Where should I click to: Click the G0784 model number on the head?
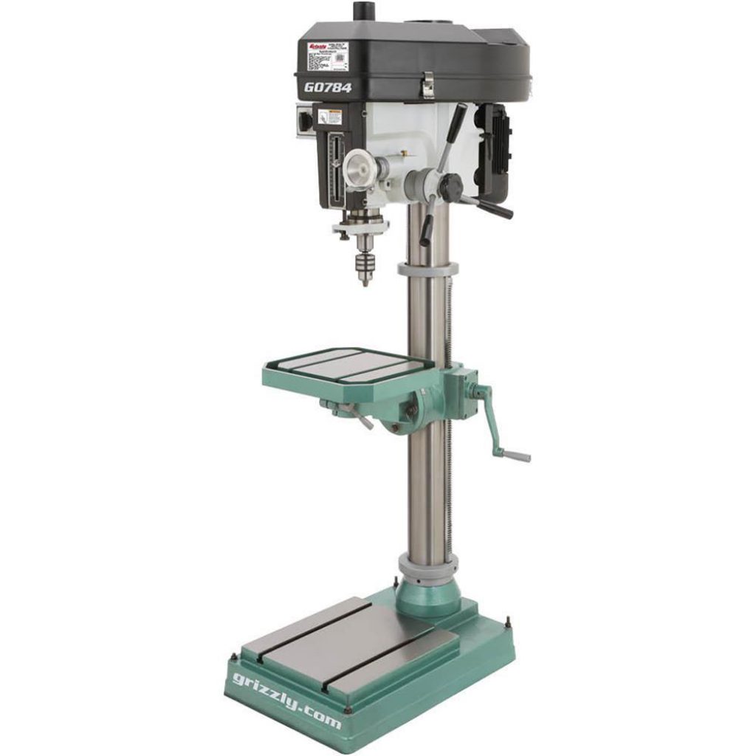coord(328,87)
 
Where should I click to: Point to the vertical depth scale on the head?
coord(336,166)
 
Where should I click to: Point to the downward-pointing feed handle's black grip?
coord(427,232)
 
